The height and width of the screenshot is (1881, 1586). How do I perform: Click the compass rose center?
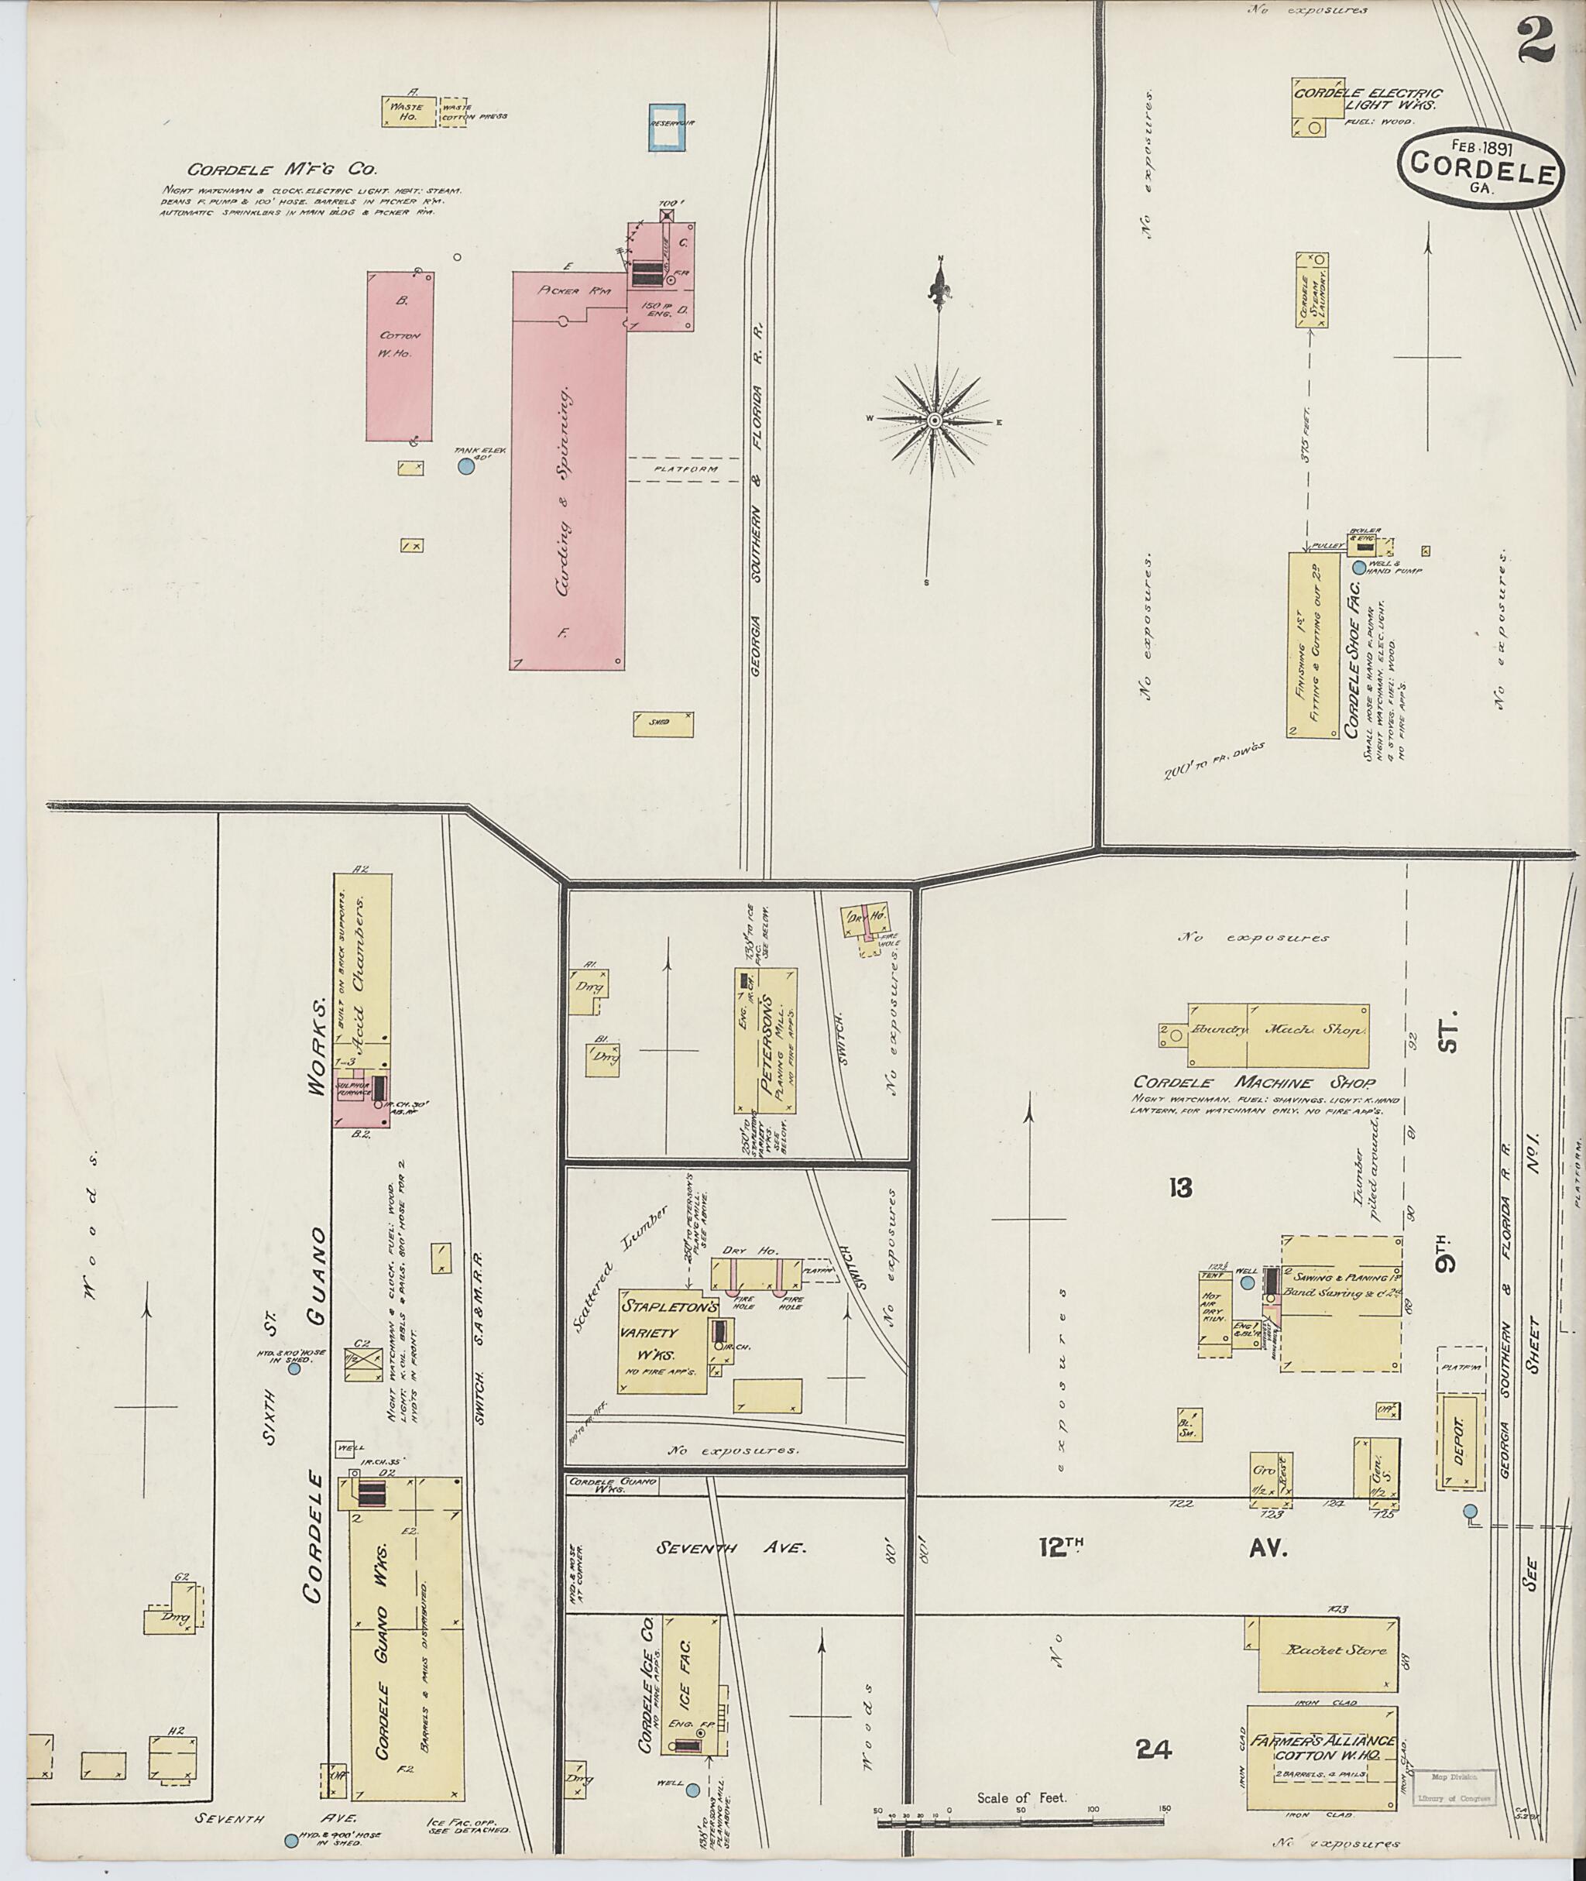point(934,420)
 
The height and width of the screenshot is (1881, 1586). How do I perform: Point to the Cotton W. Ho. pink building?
point(400,355)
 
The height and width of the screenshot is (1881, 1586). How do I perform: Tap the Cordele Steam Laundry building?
point(1312,290)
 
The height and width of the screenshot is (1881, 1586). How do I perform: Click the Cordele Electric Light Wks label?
point(1367,100)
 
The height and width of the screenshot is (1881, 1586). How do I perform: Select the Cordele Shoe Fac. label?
point(1351,661)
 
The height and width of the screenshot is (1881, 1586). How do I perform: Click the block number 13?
point(1180,1189)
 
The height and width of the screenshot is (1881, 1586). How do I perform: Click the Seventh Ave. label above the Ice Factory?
point(730,1548)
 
